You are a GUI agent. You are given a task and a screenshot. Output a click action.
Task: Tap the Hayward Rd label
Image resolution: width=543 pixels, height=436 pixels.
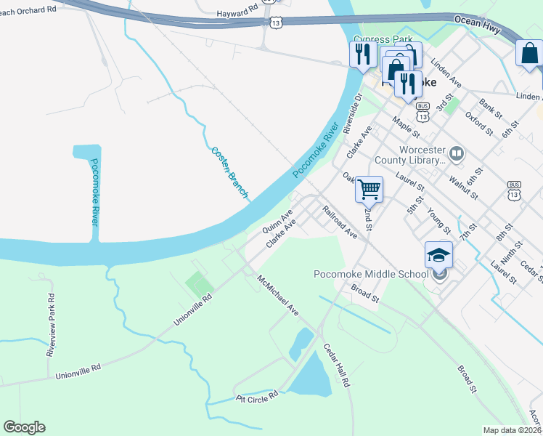point(237,13)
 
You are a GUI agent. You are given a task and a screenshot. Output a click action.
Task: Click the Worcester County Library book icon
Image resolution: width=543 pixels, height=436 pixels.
point(457,153)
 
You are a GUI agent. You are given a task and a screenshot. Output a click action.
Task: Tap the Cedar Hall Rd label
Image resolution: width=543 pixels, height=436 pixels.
point(337,365)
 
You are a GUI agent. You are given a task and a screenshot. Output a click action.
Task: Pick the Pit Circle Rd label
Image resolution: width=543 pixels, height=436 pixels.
point(257,397)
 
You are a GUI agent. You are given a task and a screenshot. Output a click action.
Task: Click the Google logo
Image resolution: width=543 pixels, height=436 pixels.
point(25,427)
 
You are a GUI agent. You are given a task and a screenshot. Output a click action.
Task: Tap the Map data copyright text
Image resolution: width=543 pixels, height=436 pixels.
point(513,430)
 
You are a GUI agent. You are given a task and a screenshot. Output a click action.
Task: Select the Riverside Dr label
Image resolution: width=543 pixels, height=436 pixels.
point(357,113)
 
